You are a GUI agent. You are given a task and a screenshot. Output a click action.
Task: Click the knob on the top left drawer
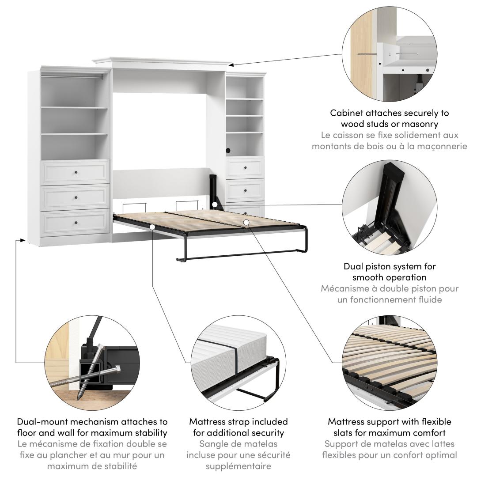[x=76, y=173]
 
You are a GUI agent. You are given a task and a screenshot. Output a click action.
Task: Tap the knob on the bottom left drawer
[x=76, y=223]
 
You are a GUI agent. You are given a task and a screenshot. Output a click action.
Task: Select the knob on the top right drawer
[x=246, y=168]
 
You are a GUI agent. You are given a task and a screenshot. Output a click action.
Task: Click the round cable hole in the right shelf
[x=228, y=150]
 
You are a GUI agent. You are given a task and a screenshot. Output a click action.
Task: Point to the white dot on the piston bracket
[x=215, y=205]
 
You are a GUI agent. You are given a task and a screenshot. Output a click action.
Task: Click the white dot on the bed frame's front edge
[x=152, y=227]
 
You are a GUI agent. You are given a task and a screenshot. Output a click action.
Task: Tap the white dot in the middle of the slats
[x=246, y=222]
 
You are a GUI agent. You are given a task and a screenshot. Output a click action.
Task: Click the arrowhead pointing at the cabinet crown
[x=231, y=64]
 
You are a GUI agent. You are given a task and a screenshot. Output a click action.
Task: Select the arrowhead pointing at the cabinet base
[x=23, y=240]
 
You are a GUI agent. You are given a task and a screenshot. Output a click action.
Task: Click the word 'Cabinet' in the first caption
[x=347, y=113]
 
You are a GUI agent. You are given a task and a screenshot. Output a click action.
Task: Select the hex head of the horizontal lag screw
[x=117, y=370]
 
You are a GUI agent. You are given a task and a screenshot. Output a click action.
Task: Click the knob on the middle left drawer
[x=76, y=198]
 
